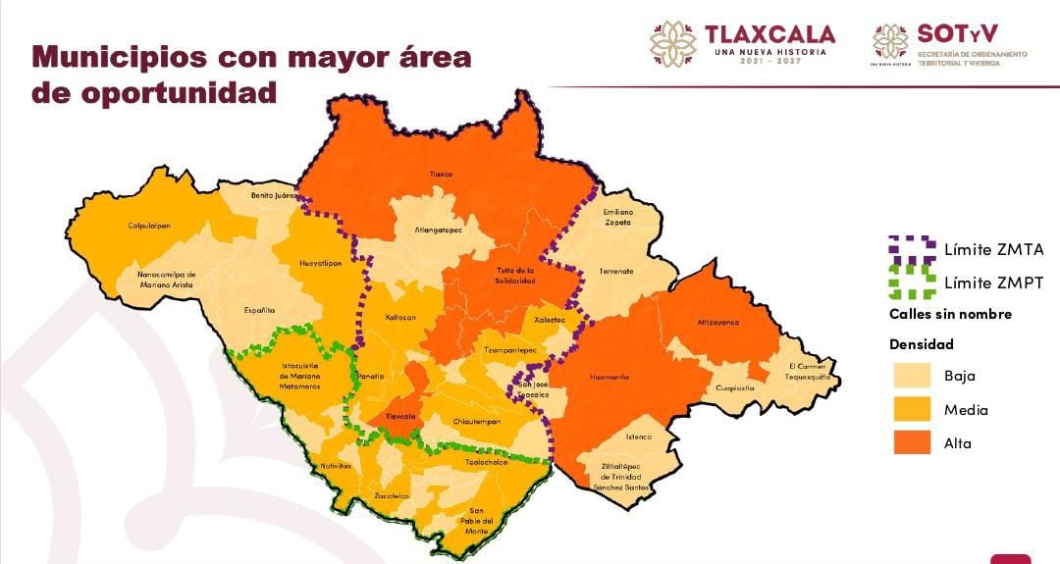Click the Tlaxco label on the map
pyautogui.click(x=441, y=174)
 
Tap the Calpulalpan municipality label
pyautogui.click(x=149, y=226)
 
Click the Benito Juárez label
pyautogui.click(x=274, y=195)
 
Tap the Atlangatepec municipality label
pyautogui.click(x=441, y=231)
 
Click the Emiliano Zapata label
pyautogui.click(x=618, y=217)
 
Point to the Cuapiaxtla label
pyautogui.click(x=734, y=387)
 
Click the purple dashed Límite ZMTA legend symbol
pyautogui.click(x=910, y=249)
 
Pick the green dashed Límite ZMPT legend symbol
pyautogui.click(x=910, y=282)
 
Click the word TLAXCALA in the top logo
pyautogui.click(x=769, y=35)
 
